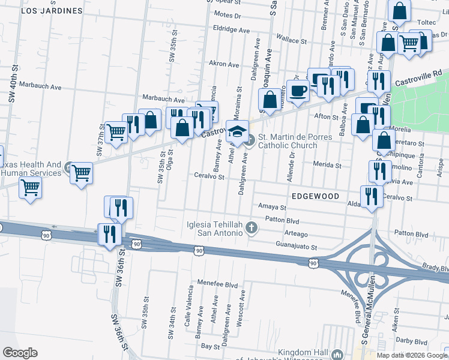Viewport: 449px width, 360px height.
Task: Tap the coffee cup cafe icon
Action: coord(297,91)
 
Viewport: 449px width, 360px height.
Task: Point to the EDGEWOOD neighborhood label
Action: coord(316,196)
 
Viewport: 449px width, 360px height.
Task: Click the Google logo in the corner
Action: coord(20,353)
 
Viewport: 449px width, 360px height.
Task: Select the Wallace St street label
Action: coord(291,41)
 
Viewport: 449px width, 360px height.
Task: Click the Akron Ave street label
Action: coord(224,63)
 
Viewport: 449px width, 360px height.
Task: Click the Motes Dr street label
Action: coord(227,14)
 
